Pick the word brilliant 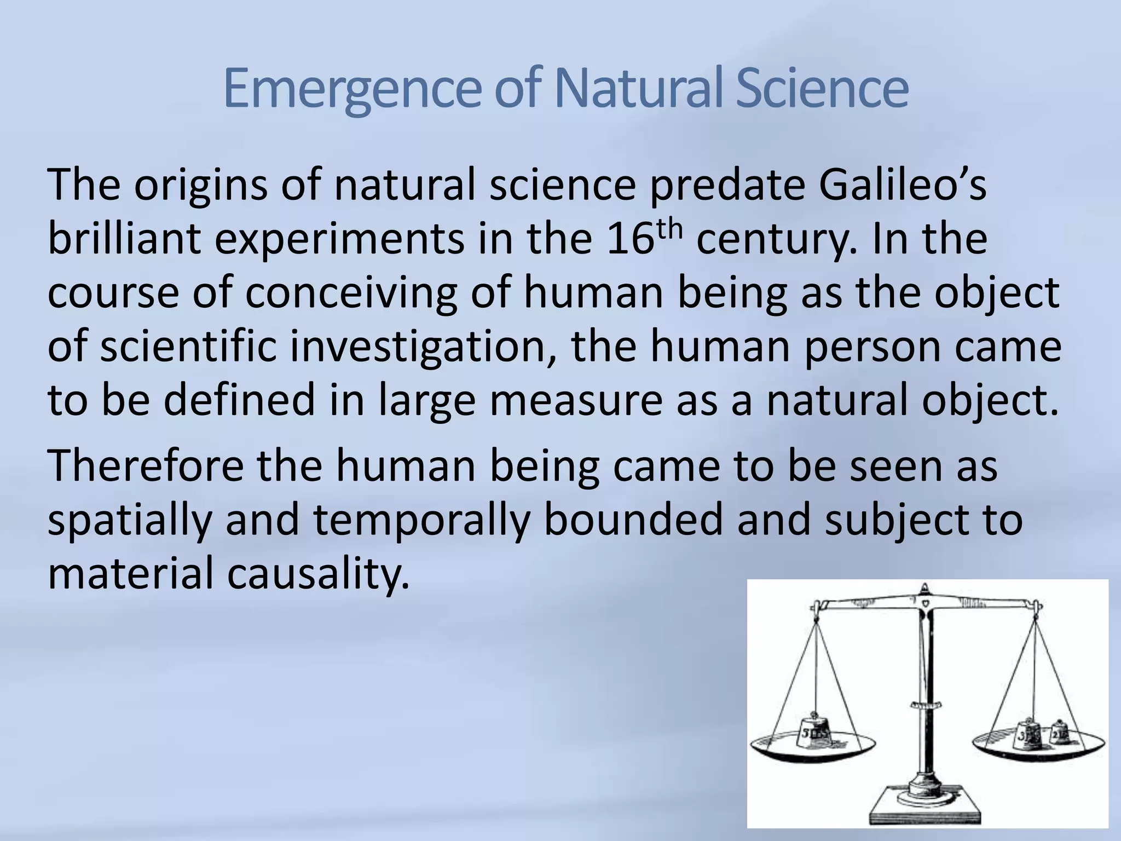124,240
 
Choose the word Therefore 146,466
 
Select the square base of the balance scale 924,808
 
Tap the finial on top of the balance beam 924,590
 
